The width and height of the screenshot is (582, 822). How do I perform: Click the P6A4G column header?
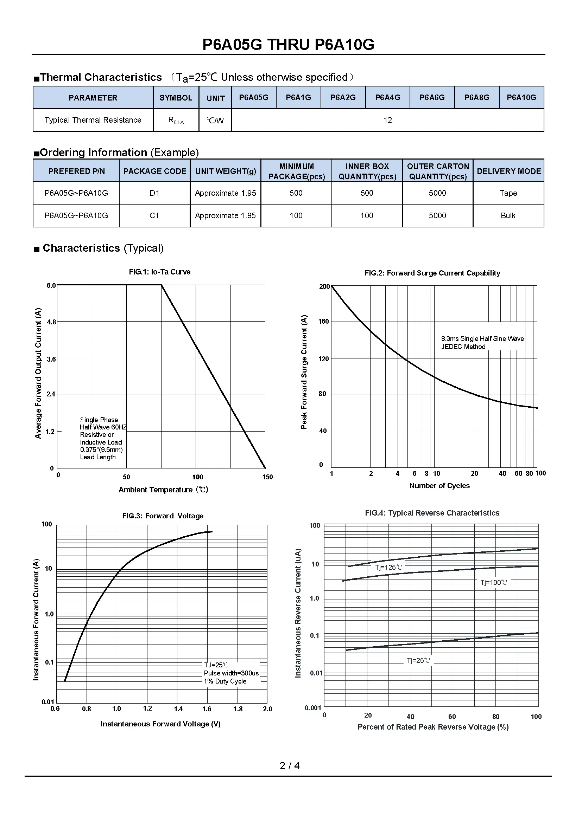point(387,97)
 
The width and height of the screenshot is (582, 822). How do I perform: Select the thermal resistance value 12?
point(387,120)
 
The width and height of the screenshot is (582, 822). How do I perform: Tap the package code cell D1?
point(154,193)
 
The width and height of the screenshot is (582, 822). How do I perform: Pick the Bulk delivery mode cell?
point(508,215)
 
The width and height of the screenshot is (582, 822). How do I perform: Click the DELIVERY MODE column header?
point(508,171)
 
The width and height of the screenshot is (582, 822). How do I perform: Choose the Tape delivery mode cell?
point(508,193)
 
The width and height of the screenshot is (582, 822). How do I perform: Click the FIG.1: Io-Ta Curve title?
point(159,272)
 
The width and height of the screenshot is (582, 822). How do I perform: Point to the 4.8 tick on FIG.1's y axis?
point(52,322)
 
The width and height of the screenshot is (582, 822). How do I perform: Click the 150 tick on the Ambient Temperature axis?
point(267,477)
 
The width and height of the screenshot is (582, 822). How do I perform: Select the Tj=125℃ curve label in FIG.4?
point(388,567)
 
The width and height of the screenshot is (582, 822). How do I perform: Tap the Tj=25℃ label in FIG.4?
point(418,660)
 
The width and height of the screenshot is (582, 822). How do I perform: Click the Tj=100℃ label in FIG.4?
point(493,582)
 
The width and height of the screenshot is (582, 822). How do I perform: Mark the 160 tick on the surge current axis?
point(323,322)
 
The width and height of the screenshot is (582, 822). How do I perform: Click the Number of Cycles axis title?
point(439,485)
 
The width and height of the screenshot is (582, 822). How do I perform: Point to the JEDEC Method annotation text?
point(463,347)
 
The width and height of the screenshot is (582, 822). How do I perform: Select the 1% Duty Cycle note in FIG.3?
point(225,681)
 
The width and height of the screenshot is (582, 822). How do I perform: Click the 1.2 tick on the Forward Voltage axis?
point(147,708)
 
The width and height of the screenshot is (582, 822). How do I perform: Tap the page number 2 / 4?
point(290,765)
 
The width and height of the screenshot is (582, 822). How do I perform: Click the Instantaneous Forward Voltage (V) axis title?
point(160,724)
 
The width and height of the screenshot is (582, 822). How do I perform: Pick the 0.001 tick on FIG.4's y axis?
point(313,708)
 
